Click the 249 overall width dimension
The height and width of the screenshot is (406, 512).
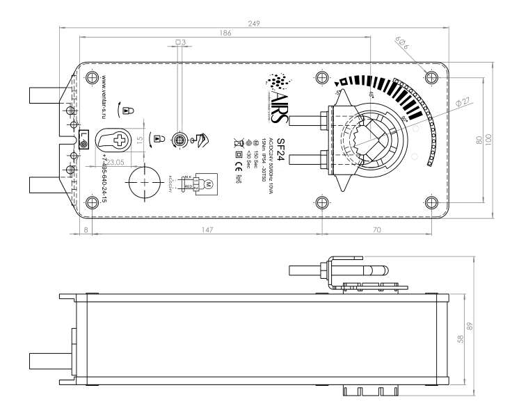click(255, 23)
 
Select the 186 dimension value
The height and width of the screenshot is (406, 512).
click(225, 33)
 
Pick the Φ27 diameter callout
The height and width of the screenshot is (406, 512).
click(461, 102)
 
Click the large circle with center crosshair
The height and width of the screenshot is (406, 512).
click(145, 181)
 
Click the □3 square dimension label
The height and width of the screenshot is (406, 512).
click(179, 42)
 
